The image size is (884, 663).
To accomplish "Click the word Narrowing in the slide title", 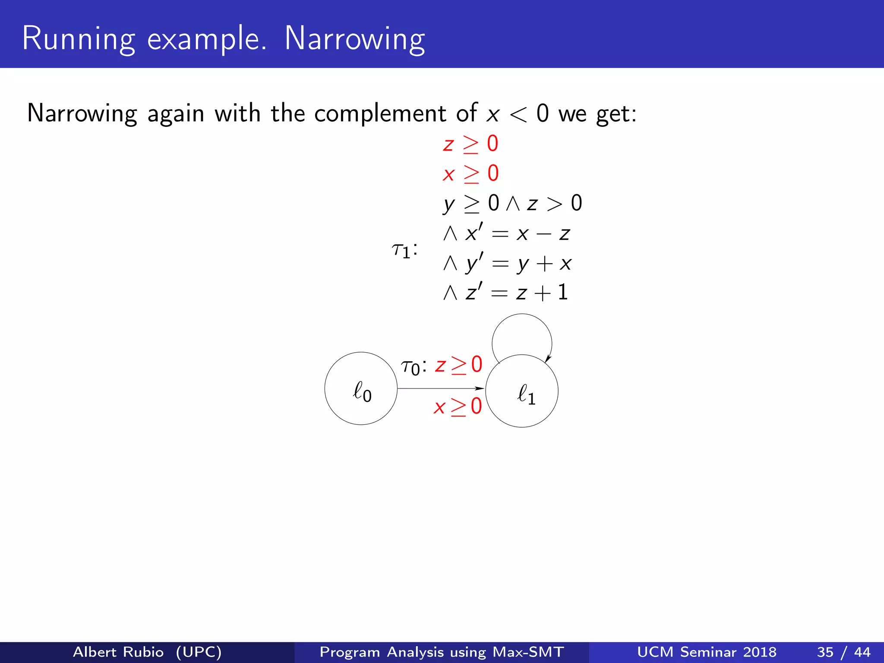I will tap(355, 39).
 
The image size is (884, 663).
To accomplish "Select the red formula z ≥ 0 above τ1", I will tap(470, 144).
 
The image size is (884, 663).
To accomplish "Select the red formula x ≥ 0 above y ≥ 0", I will tap(470, 174).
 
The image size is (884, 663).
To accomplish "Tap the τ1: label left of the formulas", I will tap(404, 250).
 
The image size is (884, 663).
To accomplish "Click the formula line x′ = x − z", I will tap(507, 234).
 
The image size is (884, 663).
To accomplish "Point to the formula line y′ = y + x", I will tap(508, 263).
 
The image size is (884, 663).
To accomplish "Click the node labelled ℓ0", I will tap(361, 389).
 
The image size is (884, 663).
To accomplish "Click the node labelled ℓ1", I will tap(522, 391).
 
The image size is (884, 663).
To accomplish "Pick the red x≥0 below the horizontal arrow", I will tap(458, 407).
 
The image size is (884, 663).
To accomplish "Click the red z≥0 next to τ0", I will tap(458, 366).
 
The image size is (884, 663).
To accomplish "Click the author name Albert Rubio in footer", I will tap(118, 652).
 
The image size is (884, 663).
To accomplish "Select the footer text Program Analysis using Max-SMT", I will tap(442, 652).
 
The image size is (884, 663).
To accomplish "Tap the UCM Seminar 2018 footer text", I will tap(707, 652).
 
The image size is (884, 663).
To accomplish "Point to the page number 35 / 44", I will tap(843, 652).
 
